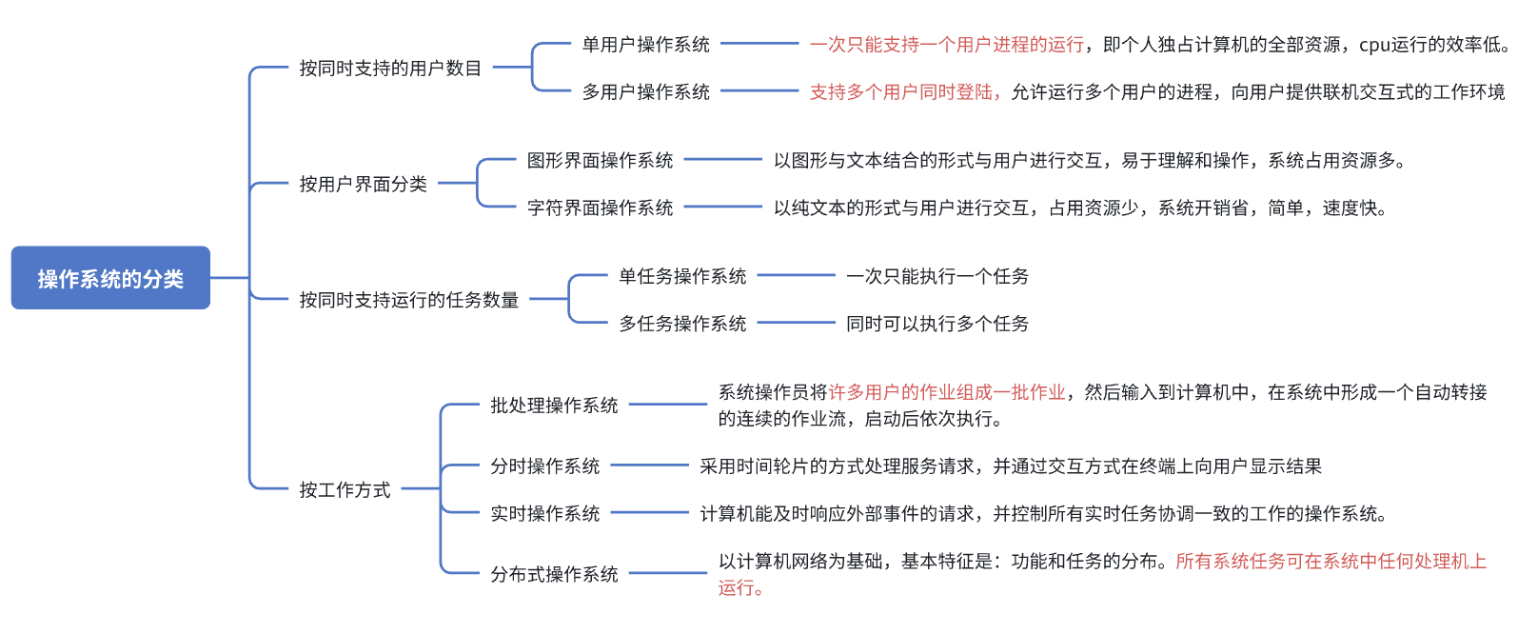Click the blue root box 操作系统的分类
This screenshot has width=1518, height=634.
(x=110, y=278)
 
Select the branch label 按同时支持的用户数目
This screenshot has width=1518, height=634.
(x=390, y=69)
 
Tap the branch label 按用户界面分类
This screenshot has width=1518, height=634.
(x=363, y=184)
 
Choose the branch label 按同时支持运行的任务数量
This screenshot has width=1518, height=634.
(x=408, y=300)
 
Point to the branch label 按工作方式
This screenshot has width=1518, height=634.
(x=345, y=490)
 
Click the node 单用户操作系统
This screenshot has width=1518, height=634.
(x=645, y=45)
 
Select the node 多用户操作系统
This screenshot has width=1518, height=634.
(x=645, y=92)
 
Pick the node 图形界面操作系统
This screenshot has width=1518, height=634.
(x=600, y=160)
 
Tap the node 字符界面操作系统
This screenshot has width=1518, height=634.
(x=600, y=208)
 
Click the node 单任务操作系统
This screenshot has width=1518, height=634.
(x=682, y=276)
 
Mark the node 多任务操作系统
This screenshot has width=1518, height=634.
(x=682, y=324)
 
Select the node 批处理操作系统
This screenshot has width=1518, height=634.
(x=554, y=406)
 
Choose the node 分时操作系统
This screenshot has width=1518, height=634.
(x=544, y=466)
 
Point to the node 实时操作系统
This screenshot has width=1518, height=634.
(x=544, y=514)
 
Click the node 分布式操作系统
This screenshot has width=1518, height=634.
(x=554, y=575)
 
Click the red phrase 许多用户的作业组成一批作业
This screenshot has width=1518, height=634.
(x=946, y=392)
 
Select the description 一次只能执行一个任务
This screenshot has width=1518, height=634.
(x=937, y=276)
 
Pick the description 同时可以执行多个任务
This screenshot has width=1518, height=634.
(x=937, y=324)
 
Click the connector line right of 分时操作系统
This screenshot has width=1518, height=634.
(x=649, y=466)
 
